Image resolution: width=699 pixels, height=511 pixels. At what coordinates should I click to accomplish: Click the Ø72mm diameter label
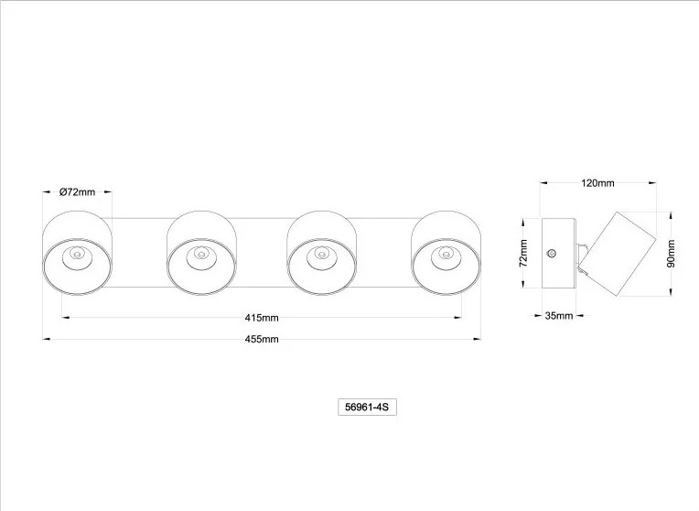(x=77, y=192)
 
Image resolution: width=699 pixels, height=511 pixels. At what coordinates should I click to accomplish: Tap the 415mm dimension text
(x=262, y=318)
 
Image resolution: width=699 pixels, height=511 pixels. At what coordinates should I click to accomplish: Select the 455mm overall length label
(x=262, y=339)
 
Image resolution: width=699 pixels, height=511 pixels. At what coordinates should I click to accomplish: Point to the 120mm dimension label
(x=597, y=183)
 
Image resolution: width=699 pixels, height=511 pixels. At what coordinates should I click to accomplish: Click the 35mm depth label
(x=559, y=316)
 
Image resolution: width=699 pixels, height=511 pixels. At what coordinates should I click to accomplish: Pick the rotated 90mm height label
(x=671, y=254)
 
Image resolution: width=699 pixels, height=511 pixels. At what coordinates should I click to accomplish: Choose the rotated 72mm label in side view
(x=523, y=253)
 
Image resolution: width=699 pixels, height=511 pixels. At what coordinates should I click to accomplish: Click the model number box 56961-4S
(x=367, y=407)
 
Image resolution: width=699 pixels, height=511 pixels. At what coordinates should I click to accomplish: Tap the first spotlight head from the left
(x=77, y=253)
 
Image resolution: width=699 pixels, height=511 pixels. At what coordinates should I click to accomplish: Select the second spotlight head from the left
(x=201, y=253)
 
